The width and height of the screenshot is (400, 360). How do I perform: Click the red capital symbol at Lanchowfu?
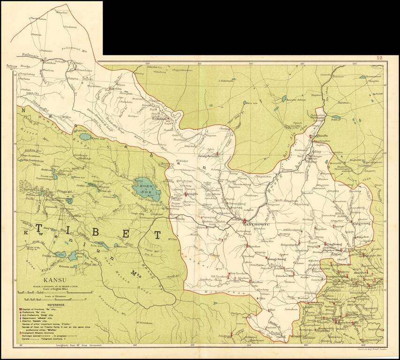[x=244, y=222]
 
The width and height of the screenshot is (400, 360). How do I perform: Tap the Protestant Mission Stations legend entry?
[x=43, y=332]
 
